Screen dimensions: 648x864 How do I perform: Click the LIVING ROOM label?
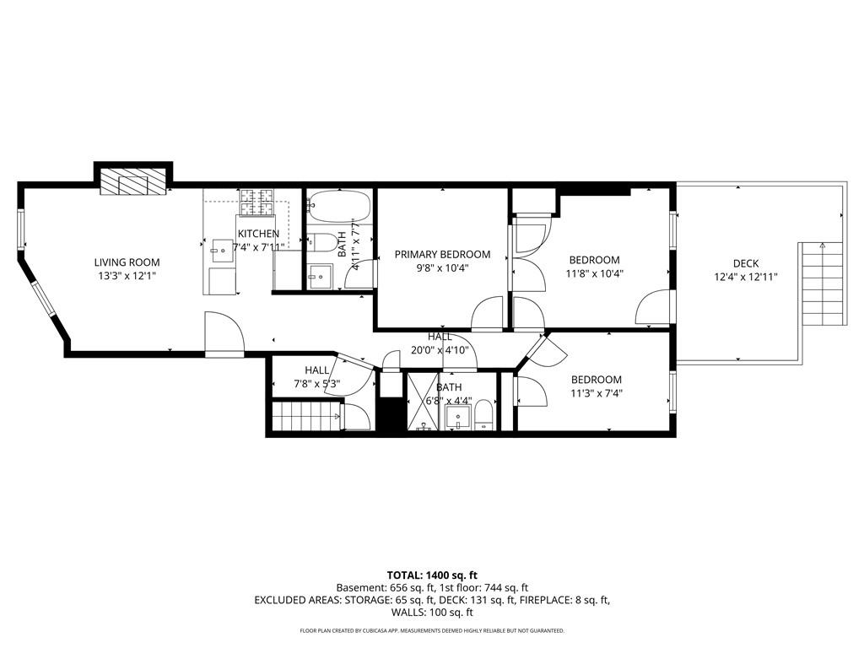127,262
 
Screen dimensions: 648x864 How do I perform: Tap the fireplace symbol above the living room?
132,181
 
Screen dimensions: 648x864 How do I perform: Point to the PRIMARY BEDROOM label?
442,254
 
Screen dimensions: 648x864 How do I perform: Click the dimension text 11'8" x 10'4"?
594,273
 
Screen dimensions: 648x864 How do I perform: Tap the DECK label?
745,263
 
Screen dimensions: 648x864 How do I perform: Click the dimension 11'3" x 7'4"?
596,393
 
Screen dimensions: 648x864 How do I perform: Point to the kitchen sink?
222,246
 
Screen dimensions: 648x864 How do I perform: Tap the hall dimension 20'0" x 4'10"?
439,350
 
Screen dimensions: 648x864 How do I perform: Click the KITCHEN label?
258,234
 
